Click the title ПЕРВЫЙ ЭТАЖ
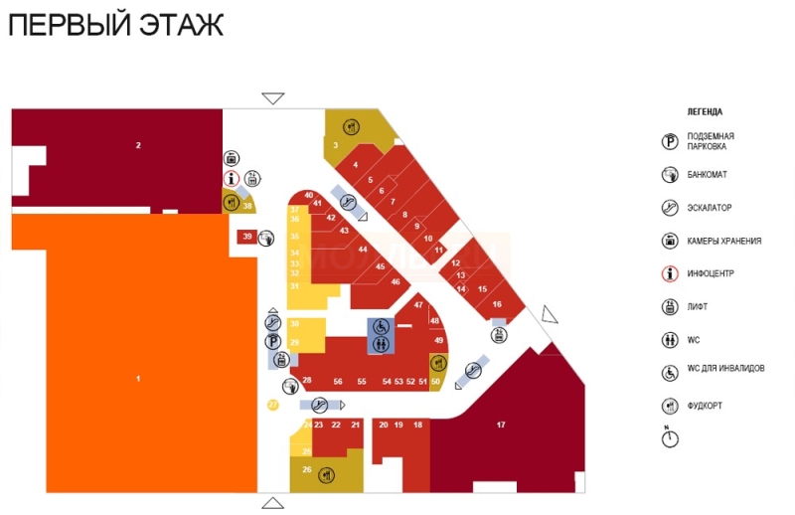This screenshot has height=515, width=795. [115, 25]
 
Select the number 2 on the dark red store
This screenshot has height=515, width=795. [138, 146]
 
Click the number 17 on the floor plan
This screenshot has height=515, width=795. [501, 425]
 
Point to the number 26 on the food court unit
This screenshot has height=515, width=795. [307, 469]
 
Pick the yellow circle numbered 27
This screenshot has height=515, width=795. [273, 405]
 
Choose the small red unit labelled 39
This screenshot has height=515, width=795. [246, 237]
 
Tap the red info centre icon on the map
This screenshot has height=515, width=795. [232, 179]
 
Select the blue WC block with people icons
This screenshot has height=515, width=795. [382, 344]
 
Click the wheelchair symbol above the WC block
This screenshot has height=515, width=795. [381, 326]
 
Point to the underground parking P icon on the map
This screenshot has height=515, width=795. [272, 341]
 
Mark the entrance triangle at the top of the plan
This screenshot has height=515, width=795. [273, 98]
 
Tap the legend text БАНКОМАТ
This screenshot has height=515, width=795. [707, 175]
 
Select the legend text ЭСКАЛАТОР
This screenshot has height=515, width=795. [709, 208]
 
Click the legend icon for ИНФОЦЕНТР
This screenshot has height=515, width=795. [670, 273]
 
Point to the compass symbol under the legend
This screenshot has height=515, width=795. [670, 436]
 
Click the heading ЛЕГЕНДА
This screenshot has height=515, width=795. [705, 111]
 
